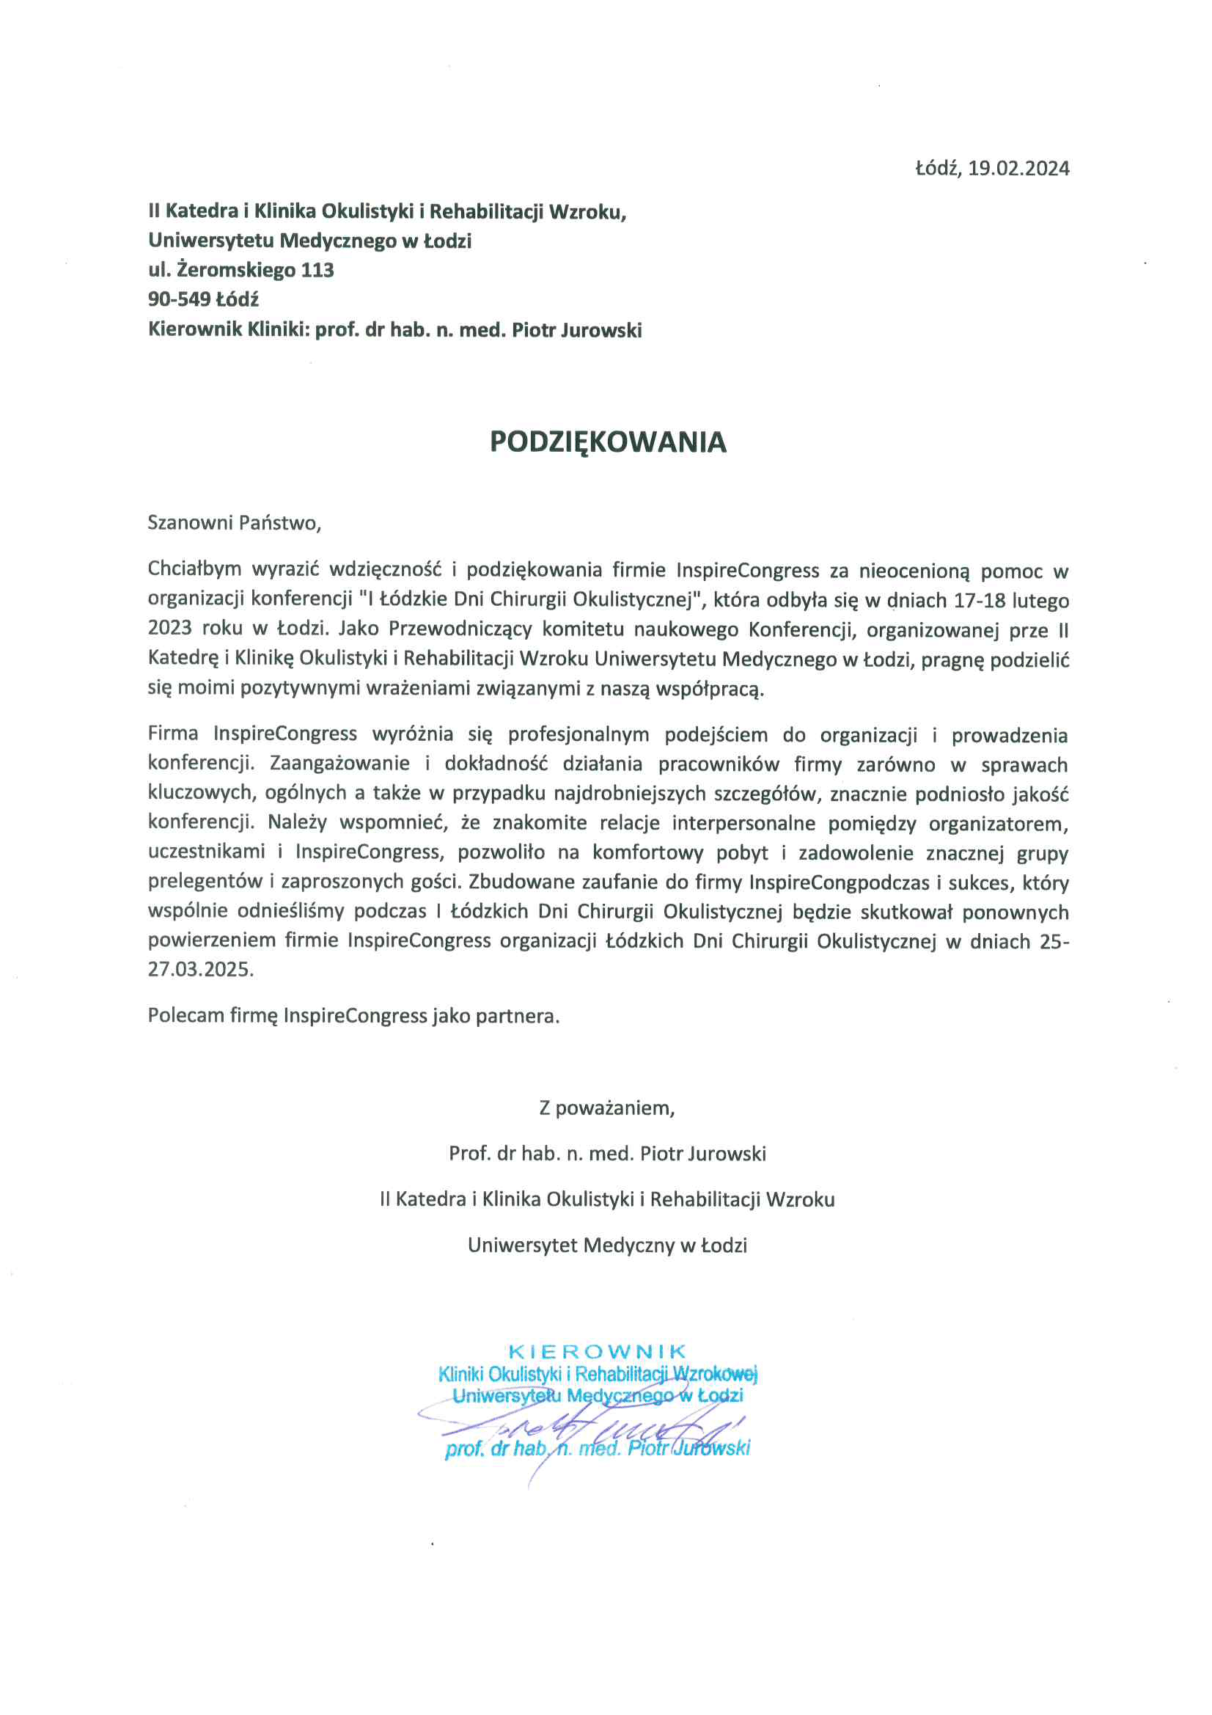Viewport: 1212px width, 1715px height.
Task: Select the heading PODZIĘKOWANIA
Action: pyautogui.click(x=608, y=442)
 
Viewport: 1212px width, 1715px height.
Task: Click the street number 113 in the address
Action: pyautogui.click(x=317, y=270)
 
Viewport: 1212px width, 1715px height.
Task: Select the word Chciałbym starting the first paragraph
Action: pyautogui.click(x=194, y=570)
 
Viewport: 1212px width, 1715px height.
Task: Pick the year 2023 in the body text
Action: pyautogui.click(x=170, y=629)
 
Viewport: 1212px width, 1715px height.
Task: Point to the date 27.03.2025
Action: pyautogui.click(x=200, y=970)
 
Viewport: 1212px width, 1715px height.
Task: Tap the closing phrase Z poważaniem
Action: pyautogui.click(x=606, y=1108)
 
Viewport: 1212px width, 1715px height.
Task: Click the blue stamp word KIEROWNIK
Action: pyautogui.click(x=597, y=1351)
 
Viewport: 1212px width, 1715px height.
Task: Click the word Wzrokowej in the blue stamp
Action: pyautogui.click(x=715, y=1374)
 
